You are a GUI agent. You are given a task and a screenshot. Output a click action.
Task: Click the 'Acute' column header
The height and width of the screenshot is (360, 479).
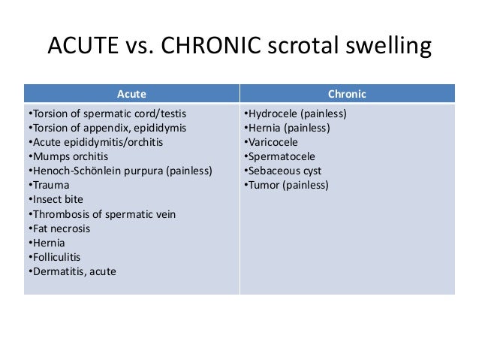coord(131,94)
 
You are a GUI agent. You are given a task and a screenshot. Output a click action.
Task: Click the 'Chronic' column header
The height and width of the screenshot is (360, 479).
coord(347,94)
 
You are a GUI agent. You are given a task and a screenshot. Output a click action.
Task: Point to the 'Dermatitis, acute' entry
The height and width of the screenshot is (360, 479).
coord(71,271)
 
